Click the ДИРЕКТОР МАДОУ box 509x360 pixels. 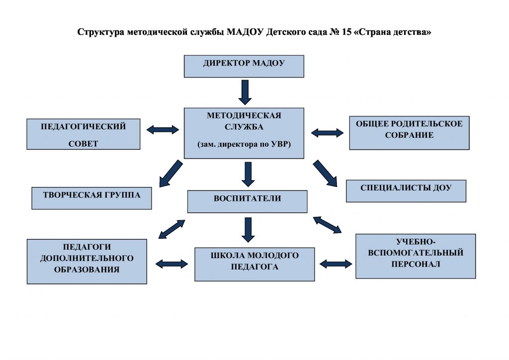[x=244, y=66]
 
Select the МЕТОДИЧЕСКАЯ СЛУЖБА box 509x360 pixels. [x=244, y=133]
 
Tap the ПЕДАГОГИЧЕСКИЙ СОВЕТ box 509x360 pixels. [x=83, y=134]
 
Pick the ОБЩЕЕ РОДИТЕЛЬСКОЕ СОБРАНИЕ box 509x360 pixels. [x=409, y=133]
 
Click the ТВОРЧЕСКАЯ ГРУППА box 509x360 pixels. [x=91, y=198]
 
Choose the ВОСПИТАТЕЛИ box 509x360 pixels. [x=247, y=201]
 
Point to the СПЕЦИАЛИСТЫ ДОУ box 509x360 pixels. [x=406, y=190]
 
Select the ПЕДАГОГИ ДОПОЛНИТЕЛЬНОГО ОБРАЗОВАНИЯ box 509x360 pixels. [x=86, y=261]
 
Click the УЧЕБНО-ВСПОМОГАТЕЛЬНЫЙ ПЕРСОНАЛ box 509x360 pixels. [x=416, y=256]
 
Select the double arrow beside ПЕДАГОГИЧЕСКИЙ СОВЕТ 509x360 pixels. [x=163, y=130]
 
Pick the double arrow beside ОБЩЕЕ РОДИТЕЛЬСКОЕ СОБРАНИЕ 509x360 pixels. [x=327, y=133]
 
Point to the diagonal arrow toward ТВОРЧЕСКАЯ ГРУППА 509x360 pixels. [x=169, y=173]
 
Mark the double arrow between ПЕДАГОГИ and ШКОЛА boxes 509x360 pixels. [x=172, y=263]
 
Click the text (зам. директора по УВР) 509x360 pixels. [x=244, y=144]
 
